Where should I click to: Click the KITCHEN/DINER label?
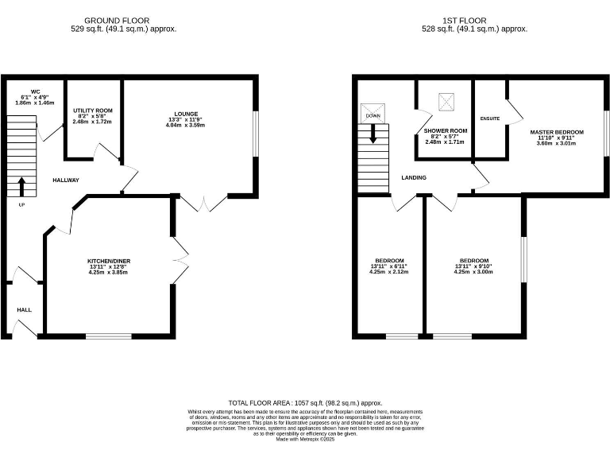click(108, 261)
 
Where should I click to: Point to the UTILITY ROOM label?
click(92, 111)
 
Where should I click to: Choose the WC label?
click(36, 91)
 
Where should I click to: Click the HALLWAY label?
click(66, 180)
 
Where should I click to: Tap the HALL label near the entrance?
click(24, 309)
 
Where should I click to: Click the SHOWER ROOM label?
click(445, 130)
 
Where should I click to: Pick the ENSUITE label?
click(490, 118)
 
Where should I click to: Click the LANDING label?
click(413, 177)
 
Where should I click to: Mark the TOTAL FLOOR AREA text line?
click(305, 403)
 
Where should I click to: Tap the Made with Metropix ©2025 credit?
click(305, 439)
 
